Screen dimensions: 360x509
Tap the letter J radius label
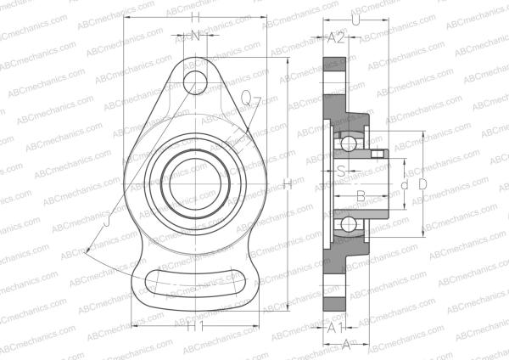106,222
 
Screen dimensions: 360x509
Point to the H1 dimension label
196,326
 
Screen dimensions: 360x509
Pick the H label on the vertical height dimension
288,183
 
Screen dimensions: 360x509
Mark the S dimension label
341,170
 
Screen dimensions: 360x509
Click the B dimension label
360,196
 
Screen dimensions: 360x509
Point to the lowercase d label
405,183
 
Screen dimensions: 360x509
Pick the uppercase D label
422,183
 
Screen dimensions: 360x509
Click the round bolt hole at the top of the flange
196,82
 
